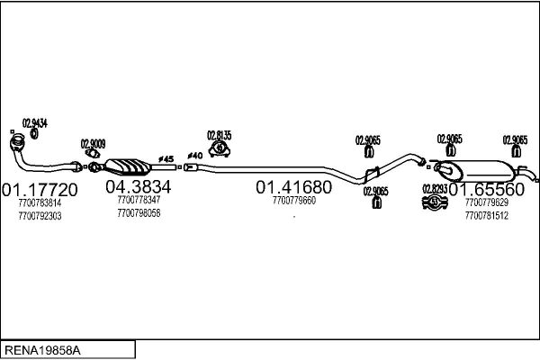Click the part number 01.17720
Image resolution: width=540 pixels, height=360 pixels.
tap(40, 190)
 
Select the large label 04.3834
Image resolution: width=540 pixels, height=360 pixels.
tap(139, 186)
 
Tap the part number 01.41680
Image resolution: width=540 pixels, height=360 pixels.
tap(293, 186)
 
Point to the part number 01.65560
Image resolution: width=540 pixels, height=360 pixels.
tap(486, 190)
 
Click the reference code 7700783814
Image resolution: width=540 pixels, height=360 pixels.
tap(40, 203)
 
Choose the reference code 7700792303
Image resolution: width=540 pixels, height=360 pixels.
tap(40, 217)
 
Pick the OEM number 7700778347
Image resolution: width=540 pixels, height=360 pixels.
tap(139, 200)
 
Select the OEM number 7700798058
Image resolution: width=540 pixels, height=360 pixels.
tap(139, 212)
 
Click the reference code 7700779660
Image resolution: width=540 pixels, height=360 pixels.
tap(293, 201)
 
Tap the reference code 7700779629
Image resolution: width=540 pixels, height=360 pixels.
tap(487, 203)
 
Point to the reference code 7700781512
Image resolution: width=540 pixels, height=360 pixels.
tap(487, 216)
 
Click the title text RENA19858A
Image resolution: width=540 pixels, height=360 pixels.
tap(41, 347)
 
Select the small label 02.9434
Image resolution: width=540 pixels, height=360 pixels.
tap(34, 122)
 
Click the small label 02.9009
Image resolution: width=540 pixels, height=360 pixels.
tap(93, 143)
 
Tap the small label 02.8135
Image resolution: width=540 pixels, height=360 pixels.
tap(219, 135)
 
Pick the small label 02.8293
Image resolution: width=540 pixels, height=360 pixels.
tap(435, 187)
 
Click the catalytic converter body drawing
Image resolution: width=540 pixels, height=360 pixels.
tap(128, 167)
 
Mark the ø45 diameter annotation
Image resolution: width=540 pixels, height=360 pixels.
tap(165, 158)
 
